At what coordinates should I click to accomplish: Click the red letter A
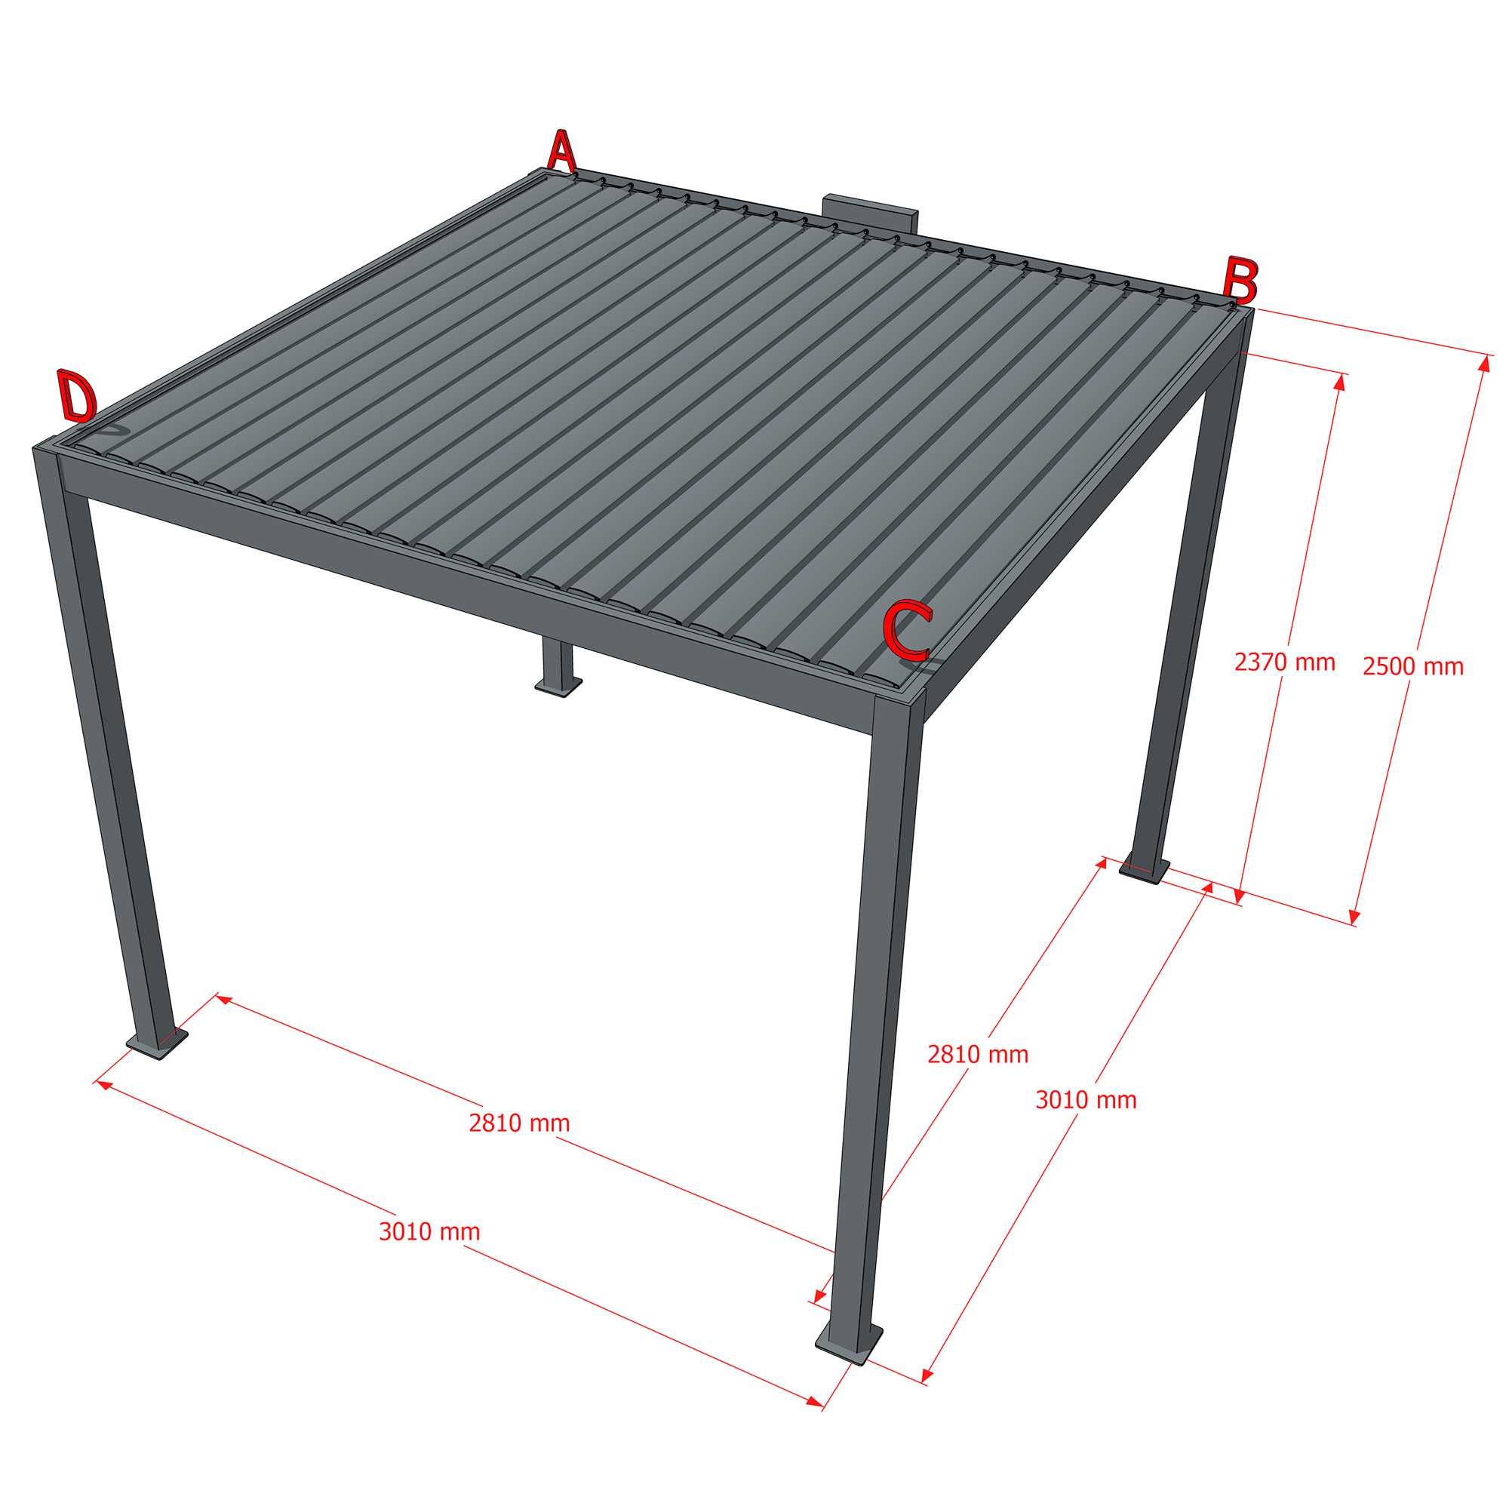click(561, 151)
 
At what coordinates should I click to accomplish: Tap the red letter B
click(1240, 281)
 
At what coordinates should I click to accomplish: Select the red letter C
click(907, 629)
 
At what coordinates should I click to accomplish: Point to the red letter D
click(76, 396)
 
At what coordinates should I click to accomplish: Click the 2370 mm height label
click(1285, 662)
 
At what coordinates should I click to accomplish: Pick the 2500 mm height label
click(1413, 666)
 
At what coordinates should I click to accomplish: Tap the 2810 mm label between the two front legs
click(519, 1123)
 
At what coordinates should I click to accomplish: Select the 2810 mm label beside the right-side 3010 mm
click(978, 1055)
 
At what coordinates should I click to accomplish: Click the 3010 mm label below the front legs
click(429, 1232)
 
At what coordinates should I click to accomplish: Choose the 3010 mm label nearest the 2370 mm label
click(1086, 1100)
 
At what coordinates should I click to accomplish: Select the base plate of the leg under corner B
click(1145, 872)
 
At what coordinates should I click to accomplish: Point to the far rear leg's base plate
click(558, 687)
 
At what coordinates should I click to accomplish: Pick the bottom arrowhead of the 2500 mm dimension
click(1355, 917)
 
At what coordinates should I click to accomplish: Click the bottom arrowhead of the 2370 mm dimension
click(1239, 896)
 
